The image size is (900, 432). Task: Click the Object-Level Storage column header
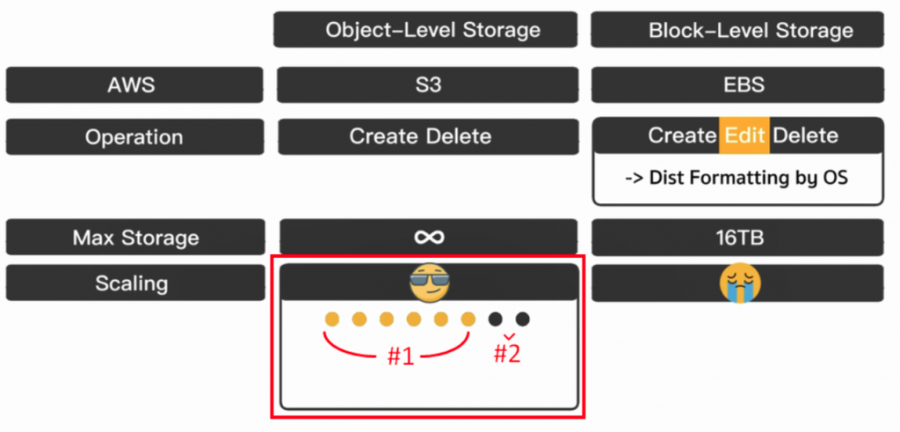[x=432, y=30]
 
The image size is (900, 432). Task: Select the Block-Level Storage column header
[x=751, y=30]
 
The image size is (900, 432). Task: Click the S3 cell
[x=429, y=84]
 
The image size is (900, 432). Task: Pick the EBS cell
[x=743, y=84]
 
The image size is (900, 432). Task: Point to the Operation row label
[x=134, y=137]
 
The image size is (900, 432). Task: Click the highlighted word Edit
[x=744, y=135]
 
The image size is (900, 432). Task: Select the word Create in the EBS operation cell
[x=682, y=135]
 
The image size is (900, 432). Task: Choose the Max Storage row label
[x=135, y=238]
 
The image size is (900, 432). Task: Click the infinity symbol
[x=429, y=237]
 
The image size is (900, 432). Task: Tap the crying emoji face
[x=739, y=282]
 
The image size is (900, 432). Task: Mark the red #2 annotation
[x=506, y=354]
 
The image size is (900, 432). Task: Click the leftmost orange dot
[x=332, y=319]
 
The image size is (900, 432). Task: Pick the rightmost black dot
[x=523, y=319]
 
